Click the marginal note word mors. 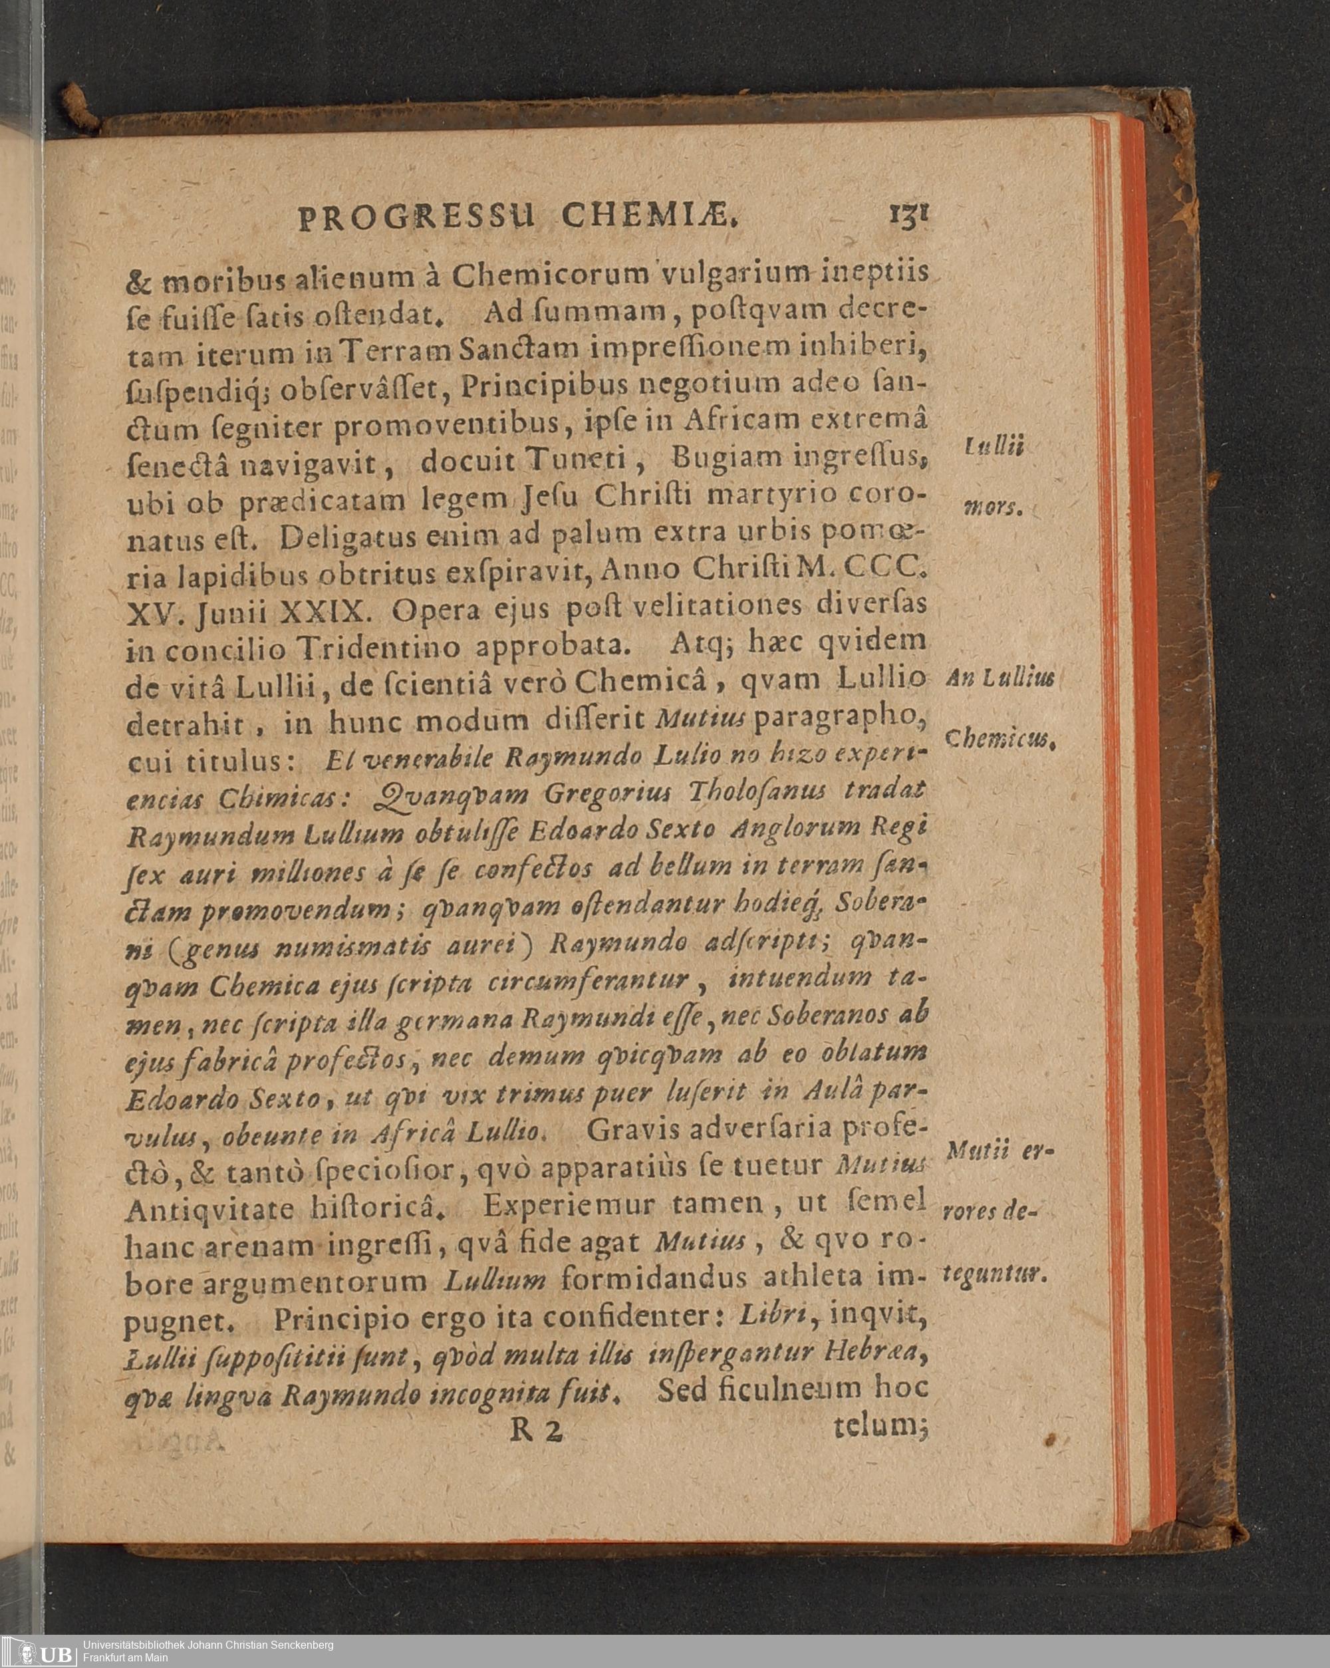pos(993,508)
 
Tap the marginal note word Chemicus pos(999,740)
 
